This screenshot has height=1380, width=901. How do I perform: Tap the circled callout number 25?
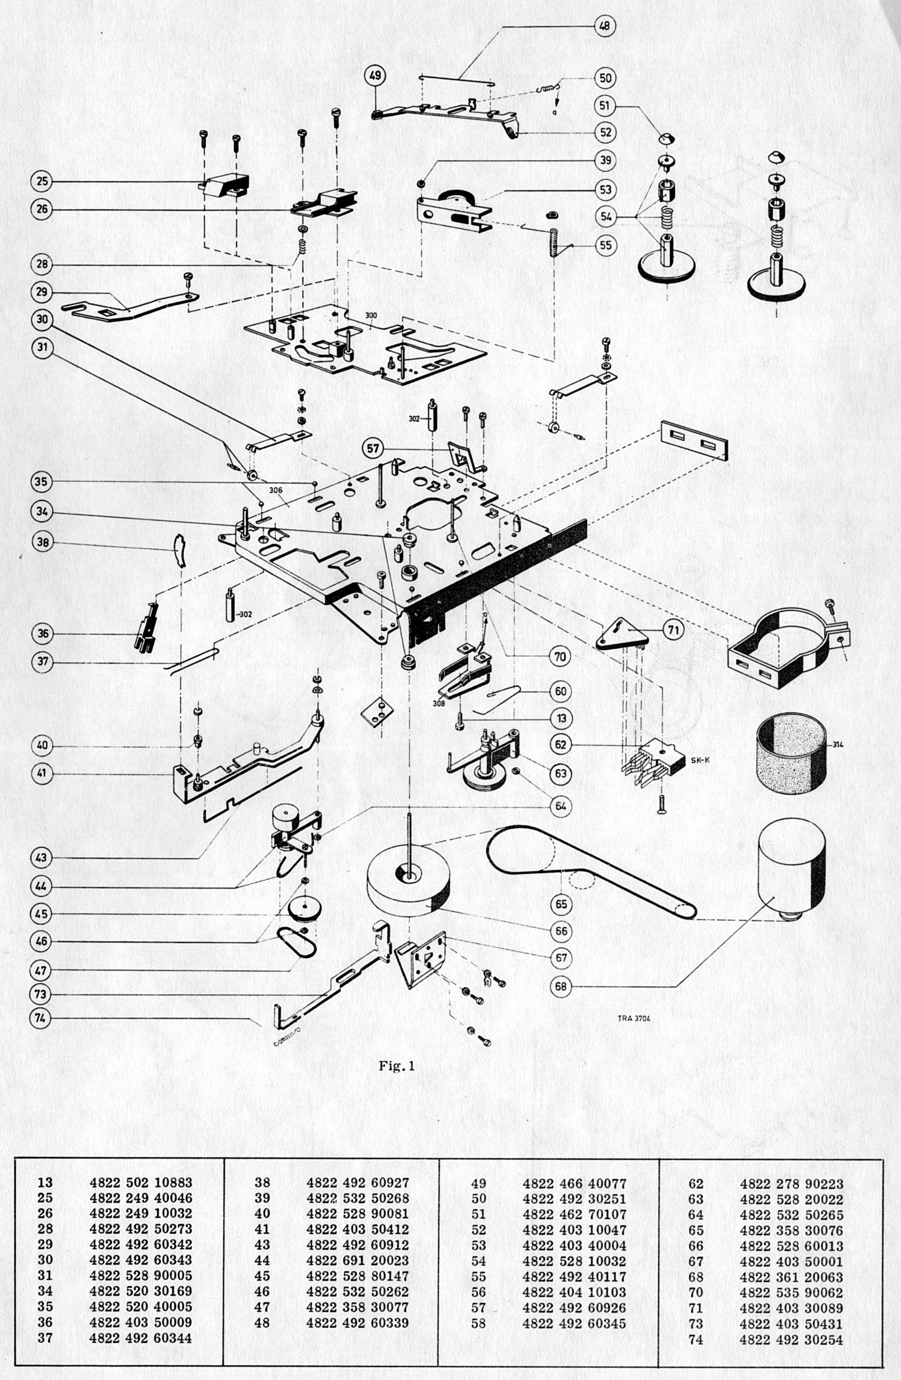point(41,181)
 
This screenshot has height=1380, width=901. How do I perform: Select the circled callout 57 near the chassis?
point(373,448)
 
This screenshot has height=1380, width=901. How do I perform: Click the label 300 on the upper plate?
point(371,315)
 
